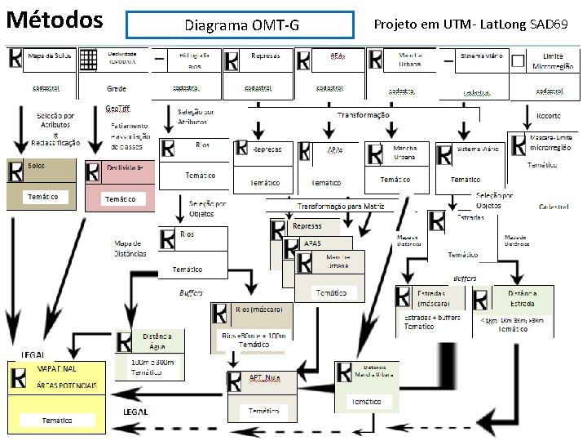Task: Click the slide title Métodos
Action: point(55,19)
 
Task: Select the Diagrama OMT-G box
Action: point(241,24)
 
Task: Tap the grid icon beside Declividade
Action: point(89,60)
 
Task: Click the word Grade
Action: point(117,88)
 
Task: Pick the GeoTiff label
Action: point(117,109)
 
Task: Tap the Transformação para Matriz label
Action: point(341,207)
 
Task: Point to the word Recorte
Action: point(548,116)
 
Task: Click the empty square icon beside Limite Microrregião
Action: point(518,60)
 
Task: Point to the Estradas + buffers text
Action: point(432,318)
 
